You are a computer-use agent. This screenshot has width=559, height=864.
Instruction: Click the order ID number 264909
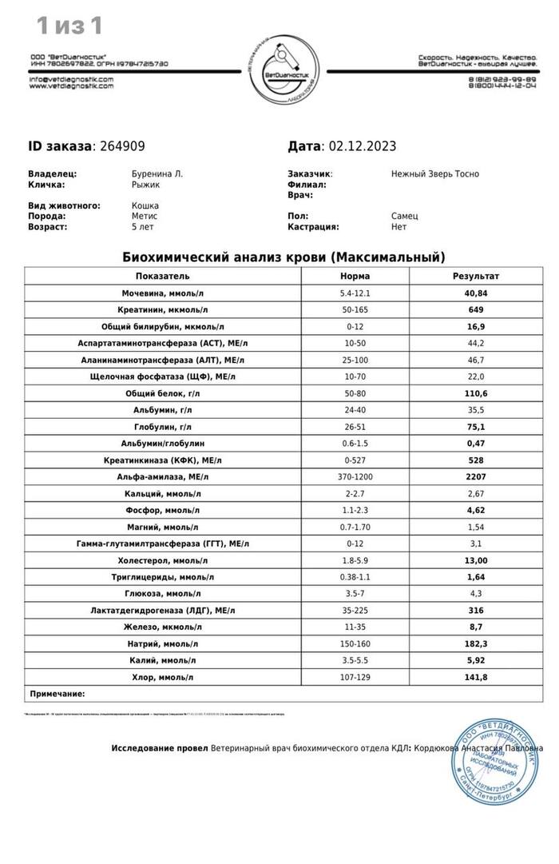[122, 146]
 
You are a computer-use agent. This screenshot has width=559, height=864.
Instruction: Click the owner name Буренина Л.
[151, 173]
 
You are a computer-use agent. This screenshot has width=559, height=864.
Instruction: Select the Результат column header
[475, 276]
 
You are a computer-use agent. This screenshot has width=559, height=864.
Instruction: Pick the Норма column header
[355, 276]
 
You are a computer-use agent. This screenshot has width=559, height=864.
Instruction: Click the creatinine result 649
[475, 309]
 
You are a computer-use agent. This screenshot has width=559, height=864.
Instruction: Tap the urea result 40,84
[475, 293]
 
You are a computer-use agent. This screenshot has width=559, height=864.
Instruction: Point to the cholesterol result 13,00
[475, 560]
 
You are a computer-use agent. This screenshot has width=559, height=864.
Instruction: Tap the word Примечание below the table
[57, 694]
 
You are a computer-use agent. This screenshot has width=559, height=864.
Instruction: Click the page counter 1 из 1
[69, 26]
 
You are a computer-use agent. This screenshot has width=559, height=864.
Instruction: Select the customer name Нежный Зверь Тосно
[435, 173]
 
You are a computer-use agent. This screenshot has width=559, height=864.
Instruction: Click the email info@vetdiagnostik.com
[71, 80]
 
